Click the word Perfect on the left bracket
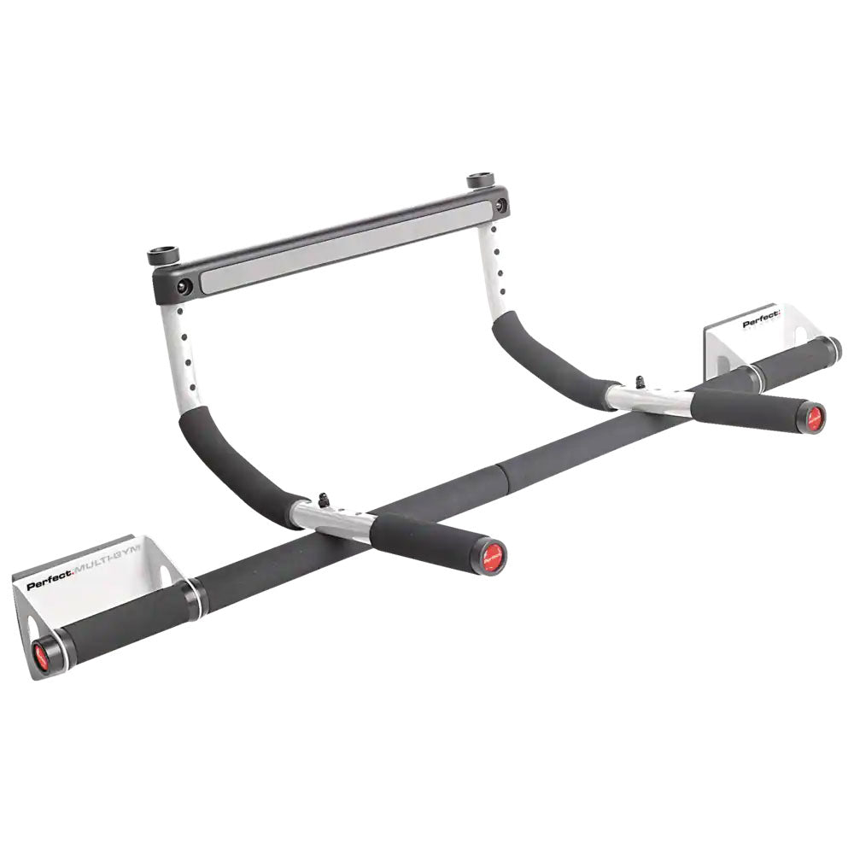coord(49,585)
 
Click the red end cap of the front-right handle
coord(813,418)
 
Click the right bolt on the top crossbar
coord(500,205)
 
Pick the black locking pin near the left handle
coord(325,500)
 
